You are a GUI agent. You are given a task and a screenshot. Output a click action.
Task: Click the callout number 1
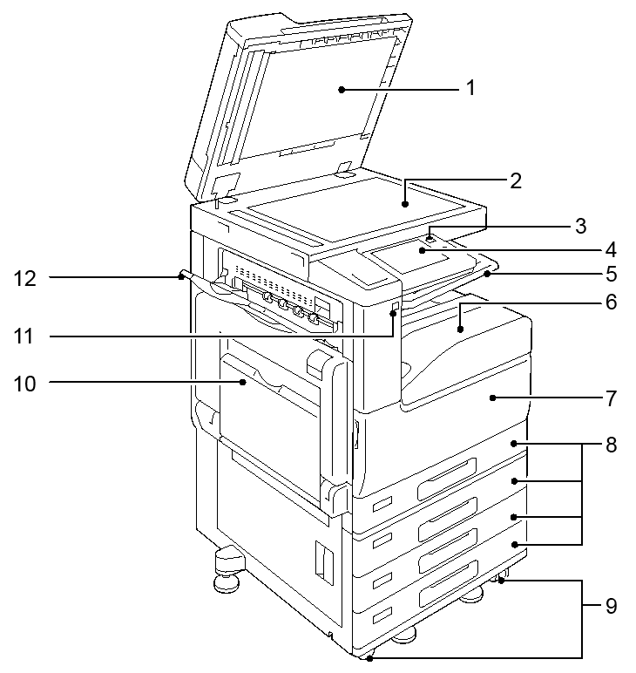[470, 88]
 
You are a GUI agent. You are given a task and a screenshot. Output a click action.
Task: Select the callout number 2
[516, 180]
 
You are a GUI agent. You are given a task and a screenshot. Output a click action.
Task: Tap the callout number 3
[581, 226]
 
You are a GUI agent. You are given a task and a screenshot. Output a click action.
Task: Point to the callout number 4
[610, 250]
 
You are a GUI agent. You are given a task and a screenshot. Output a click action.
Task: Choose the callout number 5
[611, 274]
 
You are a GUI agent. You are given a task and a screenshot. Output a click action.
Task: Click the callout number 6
[611, 302]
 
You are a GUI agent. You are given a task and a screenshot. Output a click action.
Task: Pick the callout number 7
[611, 398]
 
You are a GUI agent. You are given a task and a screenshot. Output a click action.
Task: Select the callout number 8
[611, 445]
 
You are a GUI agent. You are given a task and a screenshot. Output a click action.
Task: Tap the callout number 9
[611, 606]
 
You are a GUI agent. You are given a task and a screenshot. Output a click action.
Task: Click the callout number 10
[25, 384]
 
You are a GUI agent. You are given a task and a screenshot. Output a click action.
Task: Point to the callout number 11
[24, 336]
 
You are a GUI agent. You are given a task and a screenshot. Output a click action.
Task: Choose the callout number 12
[25, 279]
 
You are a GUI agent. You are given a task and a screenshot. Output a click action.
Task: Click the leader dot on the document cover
[342, 90]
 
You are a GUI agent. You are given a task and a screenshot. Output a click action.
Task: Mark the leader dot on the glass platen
[405, 204]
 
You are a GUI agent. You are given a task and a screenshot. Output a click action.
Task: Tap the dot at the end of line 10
[243, 382]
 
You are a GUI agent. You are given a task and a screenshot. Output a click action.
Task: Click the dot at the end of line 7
[493, 398]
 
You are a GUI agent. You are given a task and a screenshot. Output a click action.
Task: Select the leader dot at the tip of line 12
[181, 277]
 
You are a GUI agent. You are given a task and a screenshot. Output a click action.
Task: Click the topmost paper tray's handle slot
[447, 479]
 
